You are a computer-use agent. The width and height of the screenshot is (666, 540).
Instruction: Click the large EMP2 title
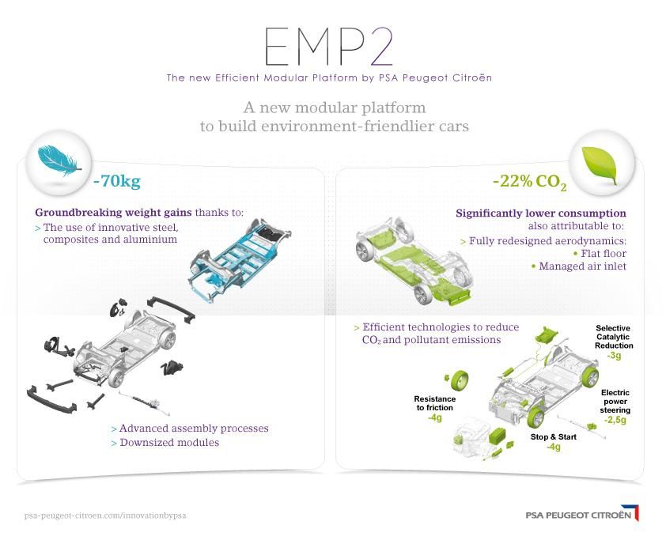click(x=329, y=47)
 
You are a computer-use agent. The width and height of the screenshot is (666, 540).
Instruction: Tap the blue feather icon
click(x=59, y=160)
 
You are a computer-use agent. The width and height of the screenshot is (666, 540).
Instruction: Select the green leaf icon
click(x=600, y=165)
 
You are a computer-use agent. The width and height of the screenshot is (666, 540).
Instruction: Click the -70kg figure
click(x=117, y=181)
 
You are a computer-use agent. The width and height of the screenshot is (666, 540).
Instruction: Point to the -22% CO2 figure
click(x=530, y=182)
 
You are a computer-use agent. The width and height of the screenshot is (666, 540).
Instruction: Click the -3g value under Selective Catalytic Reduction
click(x=614, y=355)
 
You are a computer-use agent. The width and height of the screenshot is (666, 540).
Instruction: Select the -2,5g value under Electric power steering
click(x=615, y=420)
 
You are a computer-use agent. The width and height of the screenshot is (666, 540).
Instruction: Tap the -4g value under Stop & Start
click(x=553, y=447)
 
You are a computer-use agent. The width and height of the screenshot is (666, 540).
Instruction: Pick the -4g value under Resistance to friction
click(x=434, y=417)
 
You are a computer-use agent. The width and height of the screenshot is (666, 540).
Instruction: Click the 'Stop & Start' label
click(x=554, y=437)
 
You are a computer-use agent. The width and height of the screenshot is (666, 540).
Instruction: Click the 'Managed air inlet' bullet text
click(x=579, y=266)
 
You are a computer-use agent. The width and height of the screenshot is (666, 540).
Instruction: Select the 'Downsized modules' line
click(x=165, y=443)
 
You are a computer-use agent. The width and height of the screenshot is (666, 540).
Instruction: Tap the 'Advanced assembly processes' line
click(x=190, y=428)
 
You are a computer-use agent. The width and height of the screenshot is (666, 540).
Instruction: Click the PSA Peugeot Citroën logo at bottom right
click(x=582, y=513)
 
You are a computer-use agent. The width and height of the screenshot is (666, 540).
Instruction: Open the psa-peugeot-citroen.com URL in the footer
click(x=105, y=515)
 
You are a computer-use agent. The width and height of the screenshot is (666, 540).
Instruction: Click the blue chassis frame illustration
click(x=240, y=258)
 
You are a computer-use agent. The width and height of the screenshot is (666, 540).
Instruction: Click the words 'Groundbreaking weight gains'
click(x=113, y=212)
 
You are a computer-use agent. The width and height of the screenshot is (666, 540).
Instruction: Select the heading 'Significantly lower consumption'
click(x=541, y=213)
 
